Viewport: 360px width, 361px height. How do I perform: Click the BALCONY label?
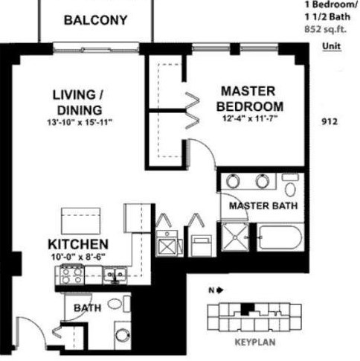95,20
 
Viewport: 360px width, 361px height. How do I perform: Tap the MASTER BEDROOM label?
250,99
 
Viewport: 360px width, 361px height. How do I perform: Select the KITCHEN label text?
78,244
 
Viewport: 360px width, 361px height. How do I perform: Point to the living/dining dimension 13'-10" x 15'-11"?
80,122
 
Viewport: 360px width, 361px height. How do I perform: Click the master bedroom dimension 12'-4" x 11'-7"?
250,118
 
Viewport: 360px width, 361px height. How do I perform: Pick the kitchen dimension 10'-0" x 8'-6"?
78,257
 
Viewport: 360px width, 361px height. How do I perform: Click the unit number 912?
330,121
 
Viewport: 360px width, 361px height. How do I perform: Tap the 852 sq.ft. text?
325,30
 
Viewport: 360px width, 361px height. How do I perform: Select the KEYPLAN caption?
255,342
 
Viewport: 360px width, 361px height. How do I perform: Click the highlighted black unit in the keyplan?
248,309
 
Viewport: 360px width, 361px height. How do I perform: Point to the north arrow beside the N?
220,290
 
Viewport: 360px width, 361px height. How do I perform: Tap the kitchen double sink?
115,275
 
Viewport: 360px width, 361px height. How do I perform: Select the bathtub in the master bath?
280,237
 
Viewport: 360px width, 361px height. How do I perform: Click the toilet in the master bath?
290,185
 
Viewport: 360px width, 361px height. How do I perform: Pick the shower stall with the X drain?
235,237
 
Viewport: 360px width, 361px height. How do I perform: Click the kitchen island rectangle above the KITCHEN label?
81,221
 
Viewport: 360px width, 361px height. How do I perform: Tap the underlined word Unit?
332,46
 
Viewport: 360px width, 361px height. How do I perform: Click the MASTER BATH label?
263,205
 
